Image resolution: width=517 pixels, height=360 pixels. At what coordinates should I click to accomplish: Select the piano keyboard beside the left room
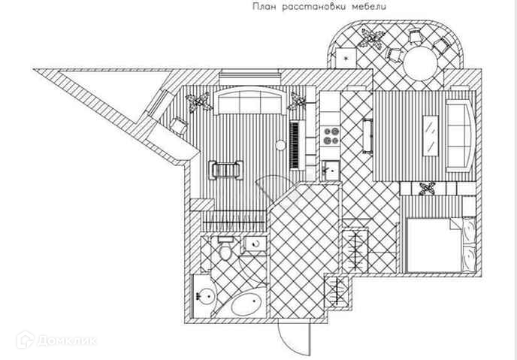click(x=298, y=144)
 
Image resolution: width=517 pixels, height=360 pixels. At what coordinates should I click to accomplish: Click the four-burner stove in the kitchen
click(x=331, y=135)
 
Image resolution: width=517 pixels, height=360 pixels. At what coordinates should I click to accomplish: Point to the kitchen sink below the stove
click(x=330, y=170)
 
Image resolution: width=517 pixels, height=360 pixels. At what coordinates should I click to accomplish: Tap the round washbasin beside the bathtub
click(x=202, y=294)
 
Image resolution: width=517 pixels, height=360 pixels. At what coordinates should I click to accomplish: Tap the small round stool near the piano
click(x=280, y=144)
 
